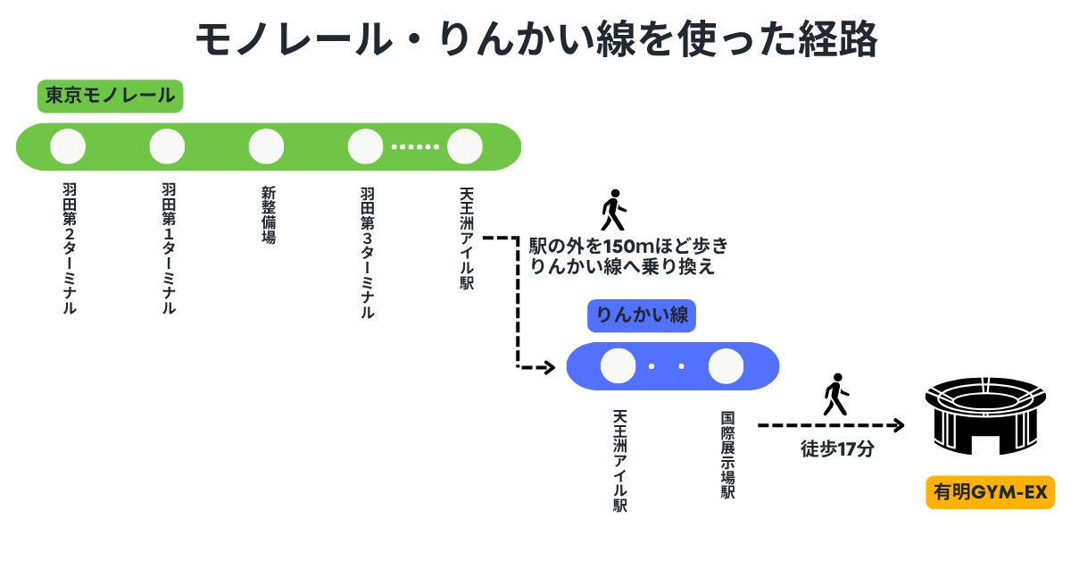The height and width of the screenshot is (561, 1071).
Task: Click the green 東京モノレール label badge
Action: (110, 96)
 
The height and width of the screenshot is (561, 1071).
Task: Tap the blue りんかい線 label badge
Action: (642, 315)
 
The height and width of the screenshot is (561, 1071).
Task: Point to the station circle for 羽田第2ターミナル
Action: (68, 147)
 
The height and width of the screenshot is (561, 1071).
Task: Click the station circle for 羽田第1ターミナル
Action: (167, 147)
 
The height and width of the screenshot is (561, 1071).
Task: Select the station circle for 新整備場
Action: (266, 147)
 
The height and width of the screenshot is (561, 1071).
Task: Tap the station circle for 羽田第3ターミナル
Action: (365, 147)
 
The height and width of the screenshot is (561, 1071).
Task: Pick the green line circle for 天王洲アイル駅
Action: (464, 147)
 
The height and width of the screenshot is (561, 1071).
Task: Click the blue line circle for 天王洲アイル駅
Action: (619, 366)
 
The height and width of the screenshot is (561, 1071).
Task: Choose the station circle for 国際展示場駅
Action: (726, 366)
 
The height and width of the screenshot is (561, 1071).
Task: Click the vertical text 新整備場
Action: (268, 214)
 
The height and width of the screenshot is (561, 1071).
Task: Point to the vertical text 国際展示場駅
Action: (727, 455)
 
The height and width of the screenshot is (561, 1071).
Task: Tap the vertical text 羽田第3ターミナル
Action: (367, 252)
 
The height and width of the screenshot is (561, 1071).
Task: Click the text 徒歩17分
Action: (836, 448)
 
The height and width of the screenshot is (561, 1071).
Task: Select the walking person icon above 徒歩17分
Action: (836, 394)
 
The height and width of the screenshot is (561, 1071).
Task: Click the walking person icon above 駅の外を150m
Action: (613, 210)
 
